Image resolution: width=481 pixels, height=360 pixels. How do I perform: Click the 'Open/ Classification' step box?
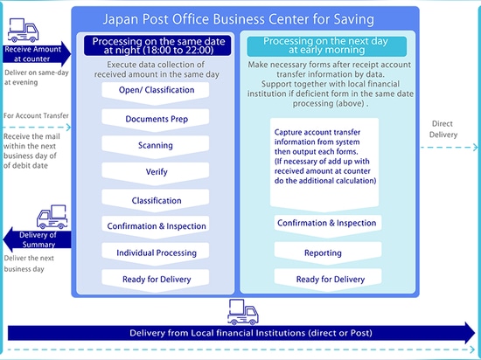click(156, 91)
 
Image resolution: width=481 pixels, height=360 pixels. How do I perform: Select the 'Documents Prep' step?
click(156, 120)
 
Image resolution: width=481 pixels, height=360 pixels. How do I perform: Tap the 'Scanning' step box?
click(156, 146)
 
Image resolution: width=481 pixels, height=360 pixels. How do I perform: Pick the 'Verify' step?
click(156, 173)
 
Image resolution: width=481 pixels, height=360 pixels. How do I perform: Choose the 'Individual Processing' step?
click(156, 253)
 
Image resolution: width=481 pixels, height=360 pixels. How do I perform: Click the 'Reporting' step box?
click(328, 253)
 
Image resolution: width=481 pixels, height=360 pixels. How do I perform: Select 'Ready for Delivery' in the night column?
click(156, 280)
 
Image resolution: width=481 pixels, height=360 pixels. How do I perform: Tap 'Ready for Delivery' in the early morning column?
click(328, 280)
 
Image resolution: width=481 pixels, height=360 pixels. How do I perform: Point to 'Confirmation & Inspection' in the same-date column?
click(156, 226)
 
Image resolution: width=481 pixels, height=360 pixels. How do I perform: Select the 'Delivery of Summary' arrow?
click(37, 239)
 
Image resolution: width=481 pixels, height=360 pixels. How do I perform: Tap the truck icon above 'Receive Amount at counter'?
click(23, 30)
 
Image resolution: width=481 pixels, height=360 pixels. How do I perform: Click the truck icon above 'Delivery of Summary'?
click(52, 217)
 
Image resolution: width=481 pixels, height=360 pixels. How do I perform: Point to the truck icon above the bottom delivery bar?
click(243, 312)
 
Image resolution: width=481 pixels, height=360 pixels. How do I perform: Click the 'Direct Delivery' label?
click(443, 129)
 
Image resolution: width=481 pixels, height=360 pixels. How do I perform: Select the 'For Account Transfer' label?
click(36, 116)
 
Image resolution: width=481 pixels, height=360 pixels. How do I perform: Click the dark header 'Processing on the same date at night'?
click(157, 45)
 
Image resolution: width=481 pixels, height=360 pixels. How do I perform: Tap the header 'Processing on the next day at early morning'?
click(327, 45)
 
